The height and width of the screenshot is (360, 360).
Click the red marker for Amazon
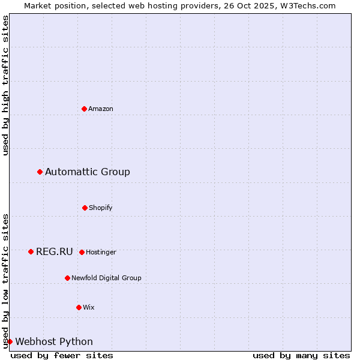pyautogui.click(x=84, y=109)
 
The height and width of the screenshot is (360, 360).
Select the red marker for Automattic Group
pyautogui.click(x=40, y=172)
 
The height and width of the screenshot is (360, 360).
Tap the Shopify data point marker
pyautogui.click(x=85, y=208)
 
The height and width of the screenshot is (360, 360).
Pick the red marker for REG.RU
pyautogui.click(x=31, y=252)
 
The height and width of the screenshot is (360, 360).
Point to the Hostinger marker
pyautogui.click(x=82, y=252)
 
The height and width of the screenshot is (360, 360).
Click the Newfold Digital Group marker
pyautogui.click(x=67, y=278)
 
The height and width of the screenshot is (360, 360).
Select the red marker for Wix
pyautogui.click(x=79, y=307)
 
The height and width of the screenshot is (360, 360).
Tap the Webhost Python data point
pyautogui.click(x=10, y=342)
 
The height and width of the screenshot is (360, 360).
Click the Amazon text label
pyautogui.click(x=101, y=109)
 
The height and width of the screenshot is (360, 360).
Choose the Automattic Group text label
pyautogui.click(x=88, y=172)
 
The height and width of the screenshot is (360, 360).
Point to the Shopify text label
pyautogui.click(x=101, y=208)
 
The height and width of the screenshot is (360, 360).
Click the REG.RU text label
pyautogui.click(x=55, y=252)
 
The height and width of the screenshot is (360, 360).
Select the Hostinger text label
pyautogui.click(x=101, y=253)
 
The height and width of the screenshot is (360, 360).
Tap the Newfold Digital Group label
pyautogui.click(x=106, y=278)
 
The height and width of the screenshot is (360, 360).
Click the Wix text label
pyautogui.click(x=89, y=308)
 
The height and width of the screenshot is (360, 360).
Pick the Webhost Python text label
pyautogui.click(x=54, y=342)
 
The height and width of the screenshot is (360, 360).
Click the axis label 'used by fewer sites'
pyautogui.click(x=62, y=355)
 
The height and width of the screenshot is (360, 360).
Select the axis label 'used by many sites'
pyautogui.click(x=301, y=355)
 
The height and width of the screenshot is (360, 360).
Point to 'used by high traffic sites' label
pyautogui.click(x=6, y=85)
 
